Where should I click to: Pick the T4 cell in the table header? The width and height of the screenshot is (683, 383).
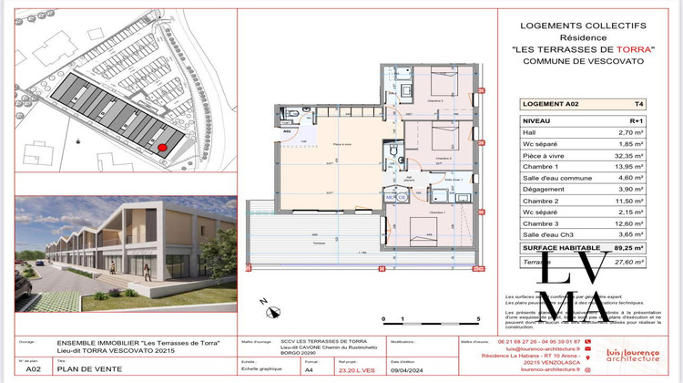tap(628, 105)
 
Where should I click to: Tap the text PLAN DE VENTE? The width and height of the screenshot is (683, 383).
tap(83, 370)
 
